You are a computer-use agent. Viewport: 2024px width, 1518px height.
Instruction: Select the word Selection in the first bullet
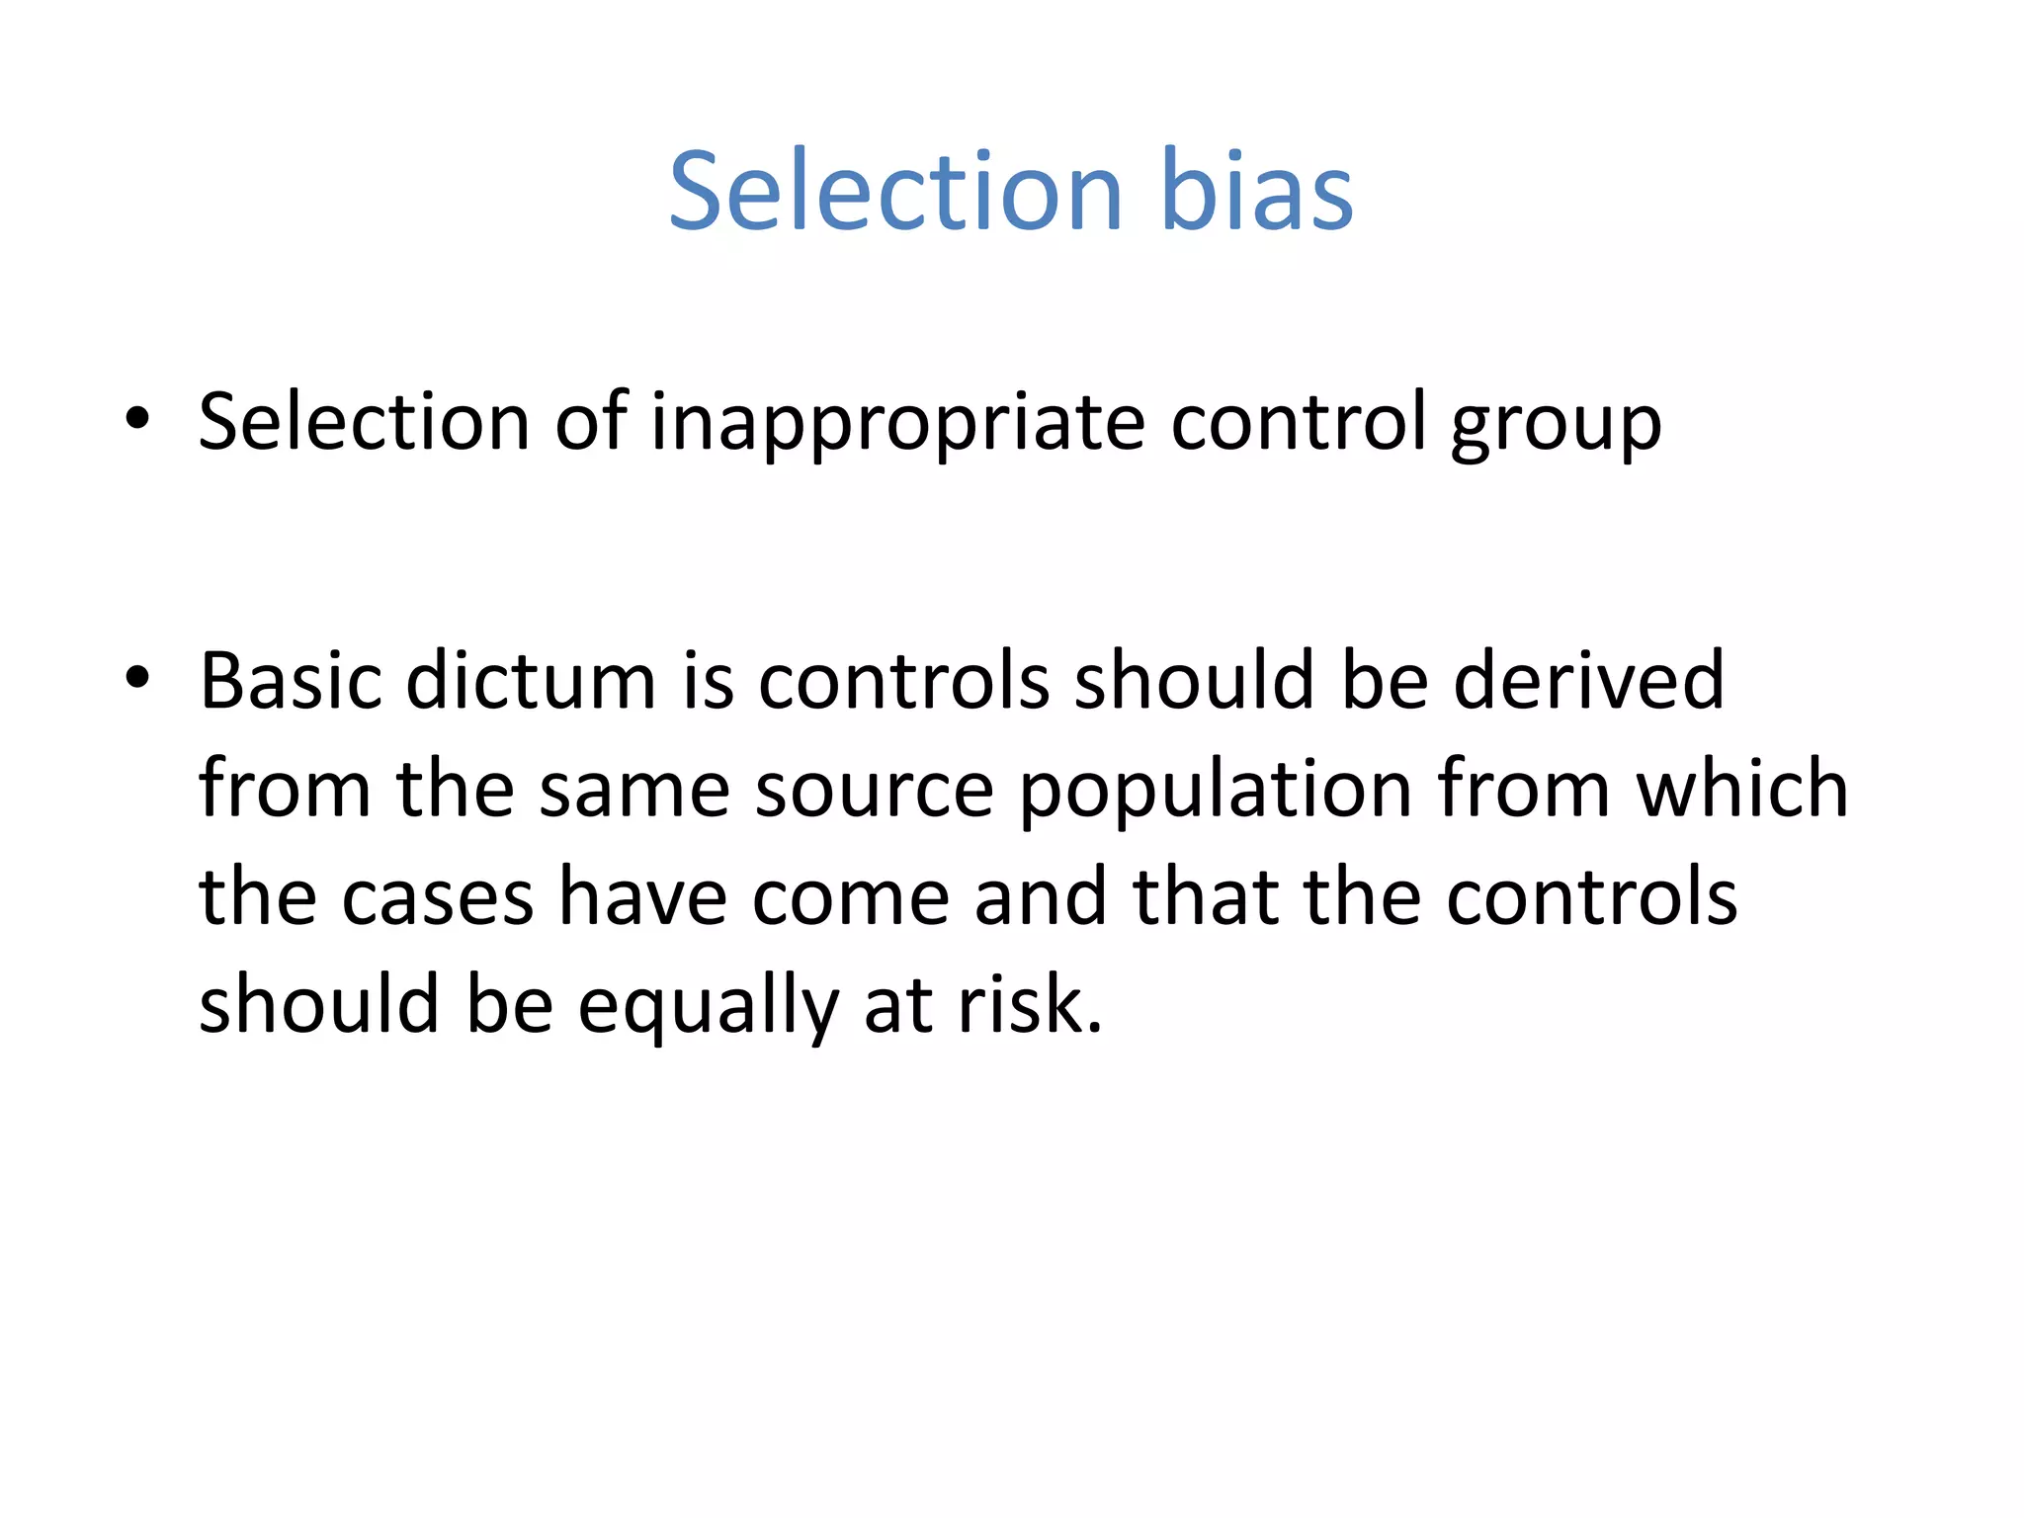point(364,422)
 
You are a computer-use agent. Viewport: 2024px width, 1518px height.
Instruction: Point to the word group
point(1556,426)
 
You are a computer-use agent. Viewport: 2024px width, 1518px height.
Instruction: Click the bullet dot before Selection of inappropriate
point(137,419)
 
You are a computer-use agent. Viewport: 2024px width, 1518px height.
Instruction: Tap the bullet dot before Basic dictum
point(137,678)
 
